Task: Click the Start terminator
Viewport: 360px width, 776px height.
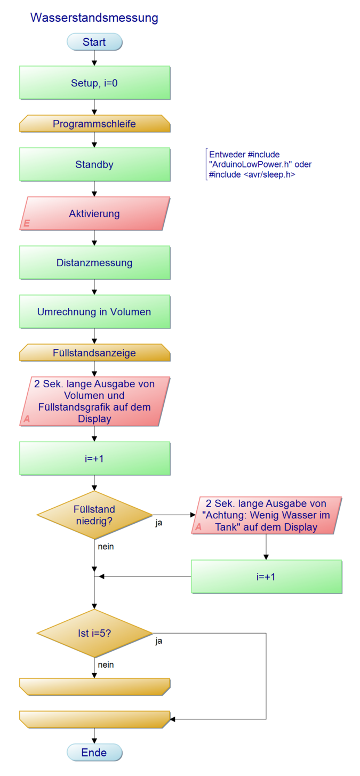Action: [94, 42]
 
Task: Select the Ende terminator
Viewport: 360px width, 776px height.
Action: [94, 753]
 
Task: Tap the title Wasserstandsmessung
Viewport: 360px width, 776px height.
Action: [94, 18]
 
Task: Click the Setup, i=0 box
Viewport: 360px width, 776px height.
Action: [94, 83]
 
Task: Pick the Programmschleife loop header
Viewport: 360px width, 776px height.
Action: [94, 124]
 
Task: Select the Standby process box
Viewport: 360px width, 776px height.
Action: [94, 165]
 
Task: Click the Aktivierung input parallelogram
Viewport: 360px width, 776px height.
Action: [94, 214]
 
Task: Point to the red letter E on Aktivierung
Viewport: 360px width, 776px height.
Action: [27, 223]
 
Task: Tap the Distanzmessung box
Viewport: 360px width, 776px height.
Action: [94, 263]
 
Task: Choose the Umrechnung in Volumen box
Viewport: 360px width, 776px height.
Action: [94, 312]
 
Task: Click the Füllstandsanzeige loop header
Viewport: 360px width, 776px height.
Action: [94, 353]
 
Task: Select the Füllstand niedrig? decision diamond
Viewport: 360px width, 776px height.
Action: [94, 515]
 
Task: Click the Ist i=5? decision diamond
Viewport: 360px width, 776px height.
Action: [94, 633]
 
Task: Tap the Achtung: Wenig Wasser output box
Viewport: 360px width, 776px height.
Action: [266, 515]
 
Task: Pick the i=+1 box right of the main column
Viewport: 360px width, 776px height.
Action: [266, 577]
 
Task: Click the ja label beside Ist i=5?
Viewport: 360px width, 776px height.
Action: [159, 641]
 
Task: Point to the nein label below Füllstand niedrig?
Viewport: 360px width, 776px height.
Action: [106, 547]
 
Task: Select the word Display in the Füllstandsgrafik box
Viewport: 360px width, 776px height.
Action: [94, 419]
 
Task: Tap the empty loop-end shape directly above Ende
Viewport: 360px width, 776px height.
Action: [94, 719]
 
